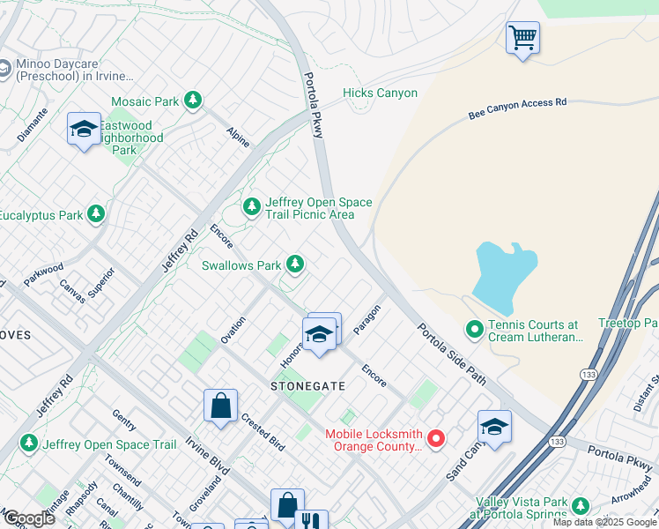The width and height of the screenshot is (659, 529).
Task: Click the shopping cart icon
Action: click(522, 38)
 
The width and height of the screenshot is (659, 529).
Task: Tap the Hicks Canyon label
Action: click(380, 93)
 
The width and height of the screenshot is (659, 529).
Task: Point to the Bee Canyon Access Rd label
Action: click(517, 108)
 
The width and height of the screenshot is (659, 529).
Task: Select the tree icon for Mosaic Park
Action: click(192, 101)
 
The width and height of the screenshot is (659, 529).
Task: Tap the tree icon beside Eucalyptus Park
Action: click(96, 214)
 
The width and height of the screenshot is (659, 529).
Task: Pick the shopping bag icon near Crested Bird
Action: click(220, 406)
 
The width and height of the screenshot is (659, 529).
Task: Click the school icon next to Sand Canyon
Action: click(495, 427)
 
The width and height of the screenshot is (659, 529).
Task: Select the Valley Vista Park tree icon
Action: click(579, 506)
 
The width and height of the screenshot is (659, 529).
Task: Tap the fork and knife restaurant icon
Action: click(312, 522)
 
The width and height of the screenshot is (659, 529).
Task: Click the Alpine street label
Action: click(238, 137)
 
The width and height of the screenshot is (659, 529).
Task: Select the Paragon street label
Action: click(367, 320)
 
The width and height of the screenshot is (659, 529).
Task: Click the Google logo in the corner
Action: click(28, 518)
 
